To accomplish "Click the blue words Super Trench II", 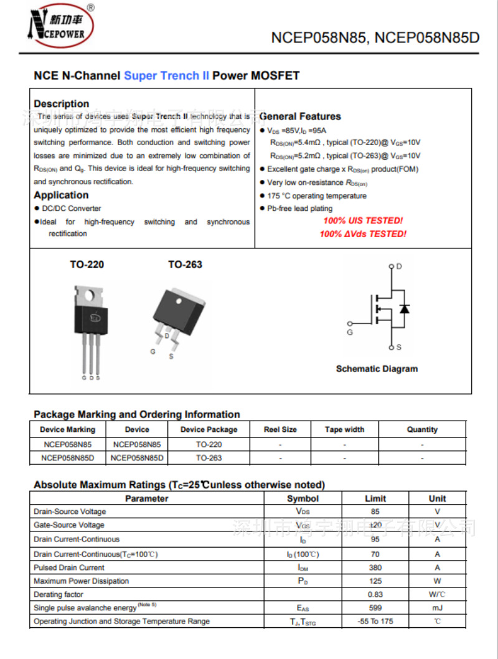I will [x=166, y=76].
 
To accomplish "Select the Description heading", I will [x=61, y=104].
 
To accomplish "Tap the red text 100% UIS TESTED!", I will [x=363, y=221].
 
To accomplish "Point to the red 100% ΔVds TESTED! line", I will [x=363, y=234].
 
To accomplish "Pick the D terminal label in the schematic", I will [x=399, y=266].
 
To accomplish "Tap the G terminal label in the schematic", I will [x=350, y=332].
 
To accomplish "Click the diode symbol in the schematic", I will [x=405, y=309].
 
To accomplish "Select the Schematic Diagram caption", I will [x=377, y=369].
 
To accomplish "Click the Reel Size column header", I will [x=280, y=429].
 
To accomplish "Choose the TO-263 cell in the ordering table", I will [x=209, y=458].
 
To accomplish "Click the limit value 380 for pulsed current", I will [x=375, y=568].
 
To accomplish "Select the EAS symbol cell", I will [x=303, y=608].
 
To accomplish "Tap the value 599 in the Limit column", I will [x=375, y=608].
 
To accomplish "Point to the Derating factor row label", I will [x=58, y=594].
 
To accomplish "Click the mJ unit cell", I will [x=438, y=608].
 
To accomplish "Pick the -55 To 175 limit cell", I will [x=375, y=621].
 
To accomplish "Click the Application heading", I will [x=61, y=195].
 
